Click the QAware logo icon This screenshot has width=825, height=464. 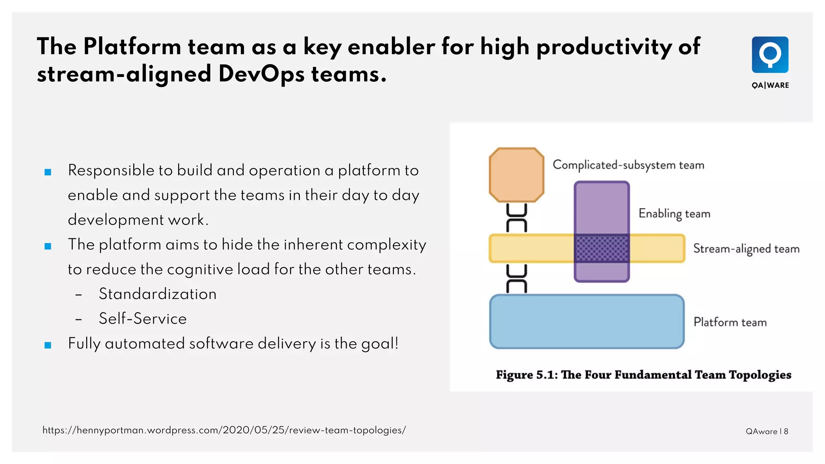pyautogui.click(x=770, y=55)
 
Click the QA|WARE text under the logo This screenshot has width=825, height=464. pyautogui.click(x=770, y=85)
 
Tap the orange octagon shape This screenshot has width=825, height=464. pyautogui.click(x=516, y=175)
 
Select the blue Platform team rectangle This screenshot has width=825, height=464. pyautogui.click(x=587, y=321)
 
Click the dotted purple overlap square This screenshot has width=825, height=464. pyautogui.click(x=601, y=249)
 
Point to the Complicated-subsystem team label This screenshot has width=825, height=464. pyautogui.click(x=628, y=165)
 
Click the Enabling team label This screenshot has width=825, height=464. pyautogui.click(x=674, y=213)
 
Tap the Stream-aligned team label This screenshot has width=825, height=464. pyautogui.click(x=746, y=249)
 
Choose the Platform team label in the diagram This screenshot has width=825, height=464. pyautogui.click(x=730, y=322)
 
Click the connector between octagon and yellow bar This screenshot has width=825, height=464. pyautogui.click(x=516, y=218)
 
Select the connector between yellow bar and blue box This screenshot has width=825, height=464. pyautogui.click(x=516, y=278)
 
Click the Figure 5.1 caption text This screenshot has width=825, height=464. pyautogui.click(x=643, y=375)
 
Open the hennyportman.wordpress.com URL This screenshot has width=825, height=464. pyautogui.click(x=224, y=430)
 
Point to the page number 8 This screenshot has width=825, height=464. pyautogui.click(x=786, y=431)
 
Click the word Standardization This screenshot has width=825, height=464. pyautogui.click(x=158, y=294)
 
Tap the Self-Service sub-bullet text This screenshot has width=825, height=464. pyautogui.click(x=143, y=319)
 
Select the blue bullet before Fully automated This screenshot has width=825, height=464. pyautogui.click(x=48, y=345)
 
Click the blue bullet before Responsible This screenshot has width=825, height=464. pyautogui.click(x=48, y=172)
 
